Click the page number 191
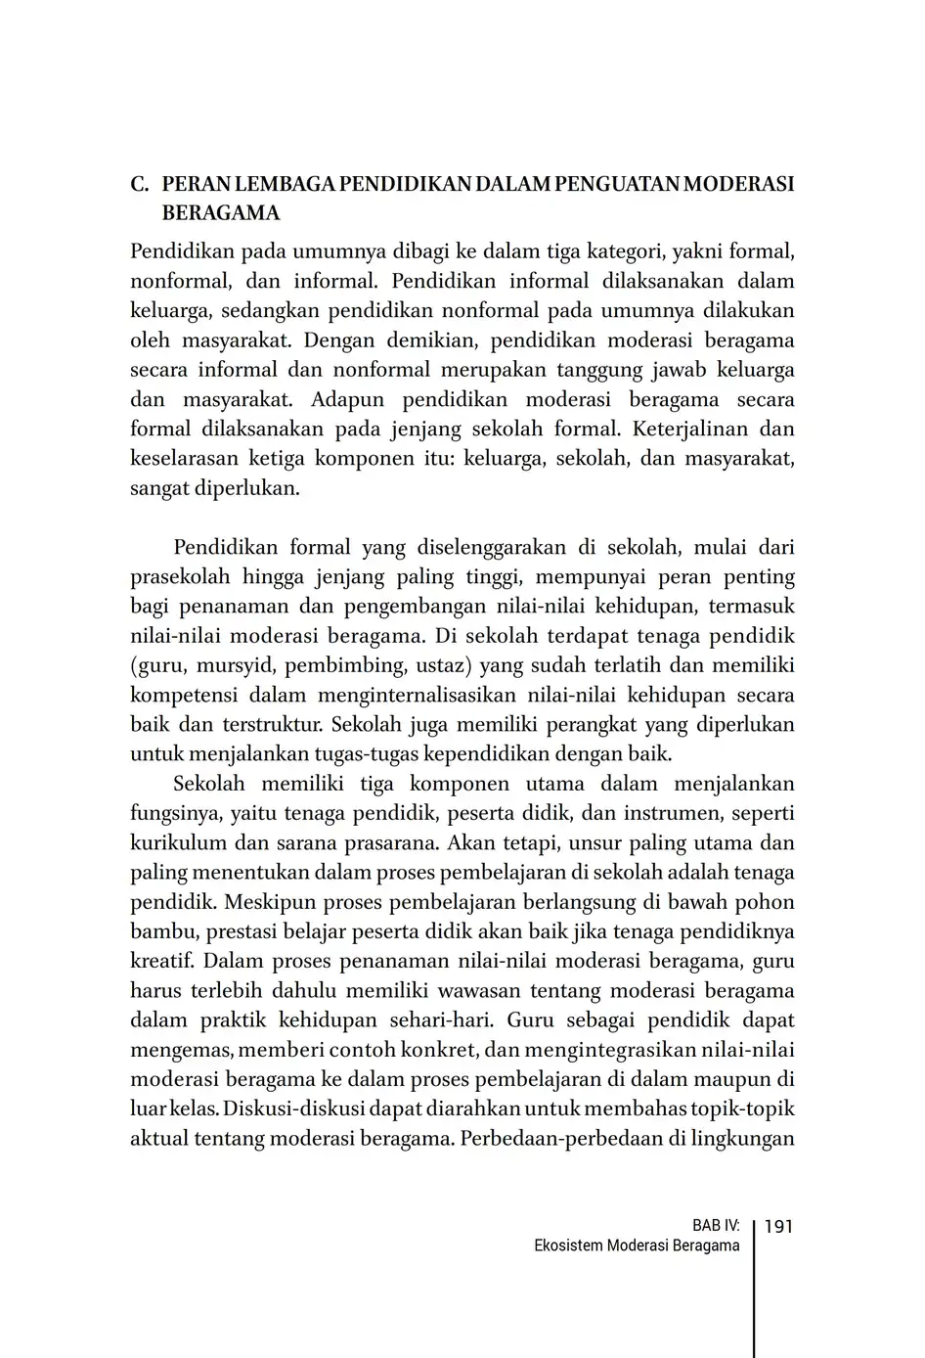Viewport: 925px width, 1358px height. click(778, 1226)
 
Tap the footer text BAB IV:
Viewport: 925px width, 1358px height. click(716, 1226)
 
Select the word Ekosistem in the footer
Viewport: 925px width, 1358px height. click(568, 1246)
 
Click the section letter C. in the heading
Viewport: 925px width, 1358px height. click(140, 184)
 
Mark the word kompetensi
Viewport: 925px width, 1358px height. click(183, 696)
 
